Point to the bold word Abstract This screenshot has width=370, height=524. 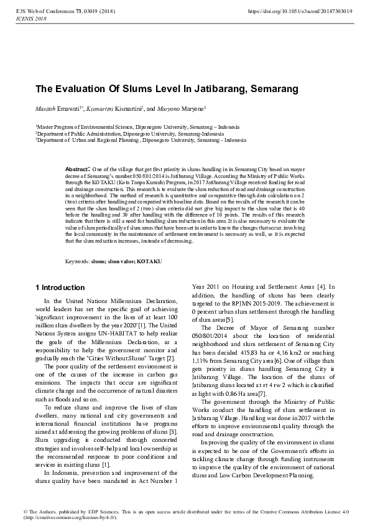click(x=78, y=169)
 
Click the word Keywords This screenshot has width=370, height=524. click(x=77, y=261)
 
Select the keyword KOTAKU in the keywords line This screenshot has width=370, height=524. click(x=149, y=261)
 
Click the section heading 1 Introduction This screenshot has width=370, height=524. click(x=60, y=288)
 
